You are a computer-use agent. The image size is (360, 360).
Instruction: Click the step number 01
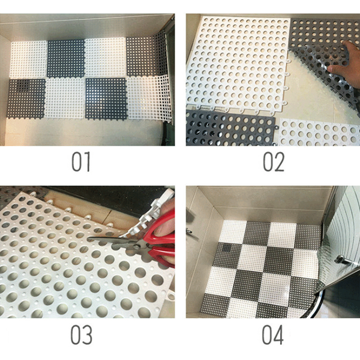click(x=81, y=162)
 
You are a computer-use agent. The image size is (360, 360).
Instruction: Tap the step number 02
click(x=274, y=162)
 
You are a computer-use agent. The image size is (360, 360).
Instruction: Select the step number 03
click(x=81, y=334)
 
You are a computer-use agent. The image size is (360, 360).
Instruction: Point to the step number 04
click(x=273, y=334)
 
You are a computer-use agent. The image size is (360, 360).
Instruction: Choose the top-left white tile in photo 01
click(x=29, y=59)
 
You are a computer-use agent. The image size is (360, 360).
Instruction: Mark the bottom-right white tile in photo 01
click(x=149, y=98)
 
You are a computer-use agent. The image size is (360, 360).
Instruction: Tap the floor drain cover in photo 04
click(x=227, y=247)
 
